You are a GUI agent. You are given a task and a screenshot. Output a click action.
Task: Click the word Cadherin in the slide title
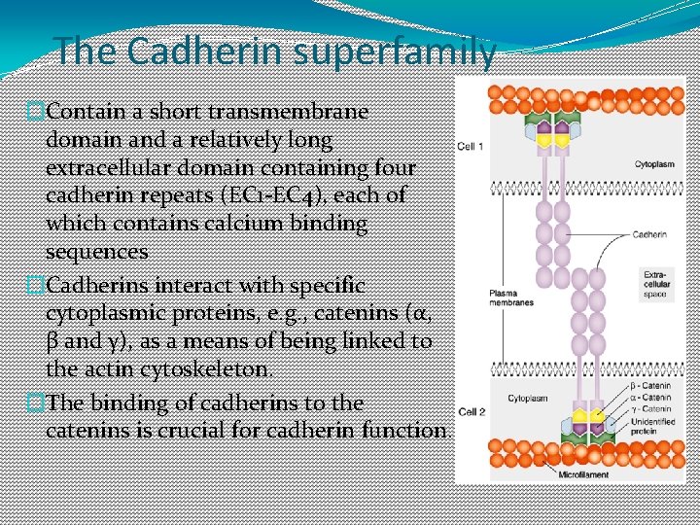tap(185, 51)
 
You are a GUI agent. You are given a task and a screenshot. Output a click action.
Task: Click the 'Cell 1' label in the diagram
tap(471, 147)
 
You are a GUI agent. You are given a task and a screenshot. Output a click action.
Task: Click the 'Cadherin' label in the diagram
tap(648, 234)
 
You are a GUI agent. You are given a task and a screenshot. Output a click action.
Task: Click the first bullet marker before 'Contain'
tap(35, 112)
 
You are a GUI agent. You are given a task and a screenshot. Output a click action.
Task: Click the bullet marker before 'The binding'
tap(35, 403)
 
